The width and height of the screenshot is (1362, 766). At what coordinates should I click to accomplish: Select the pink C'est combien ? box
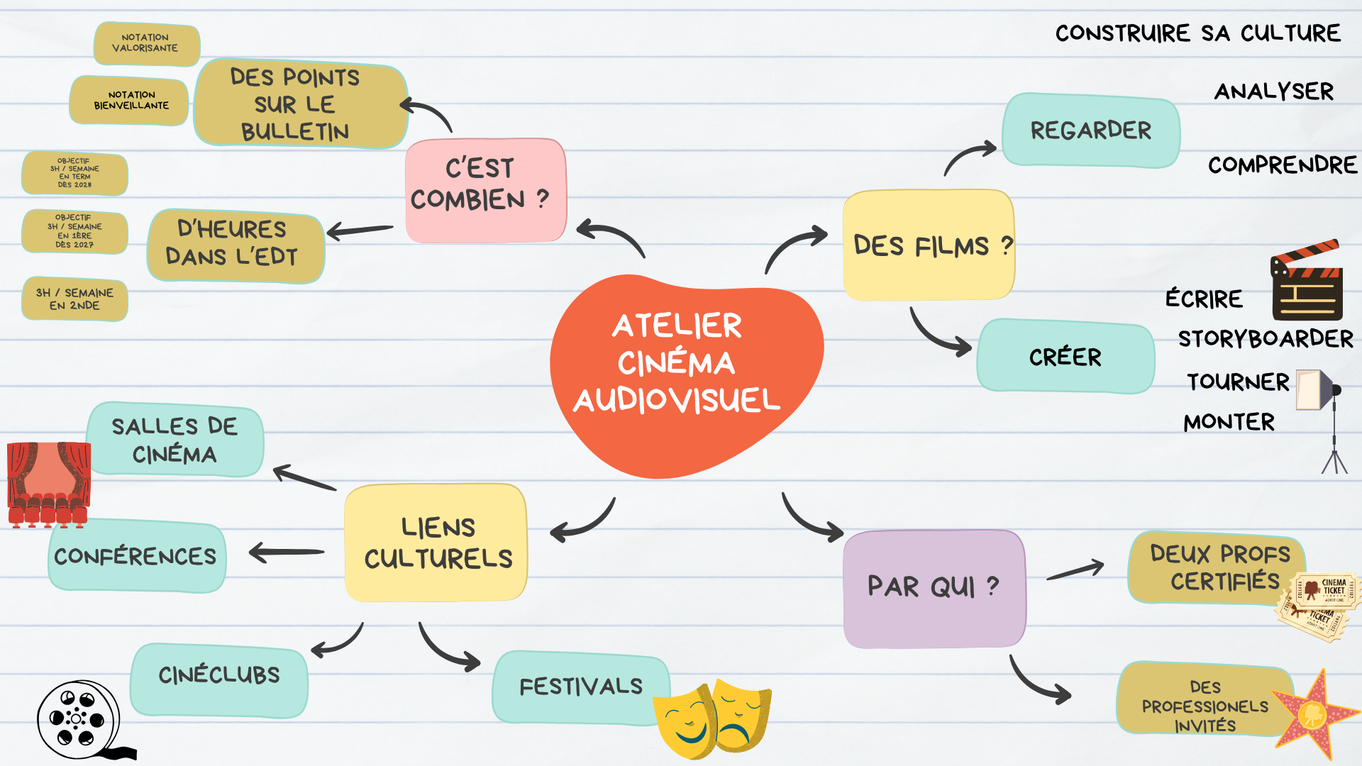[x=486, y=190]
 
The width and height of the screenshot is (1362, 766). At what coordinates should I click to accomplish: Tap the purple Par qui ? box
[x=934, y=589]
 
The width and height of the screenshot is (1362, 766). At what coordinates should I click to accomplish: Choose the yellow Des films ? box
[x=929, y=245]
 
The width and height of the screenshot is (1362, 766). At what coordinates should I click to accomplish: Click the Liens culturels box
[x=436, y=543]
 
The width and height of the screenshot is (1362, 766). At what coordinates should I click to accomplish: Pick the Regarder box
[x=1091, y=131]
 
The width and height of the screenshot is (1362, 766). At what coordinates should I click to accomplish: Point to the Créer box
[x=1065, y=356]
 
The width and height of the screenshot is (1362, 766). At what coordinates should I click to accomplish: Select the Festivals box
[x=581, y=687]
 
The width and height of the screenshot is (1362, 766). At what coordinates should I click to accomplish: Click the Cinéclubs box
[x=219, y=680]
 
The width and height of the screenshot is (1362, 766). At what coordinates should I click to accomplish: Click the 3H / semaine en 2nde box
[x=74, y=299]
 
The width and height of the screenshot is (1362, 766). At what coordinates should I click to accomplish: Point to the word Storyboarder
[x=1266, y=338]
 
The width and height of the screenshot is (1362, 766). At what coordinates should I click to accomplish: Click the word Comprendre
[x=1283, y=165]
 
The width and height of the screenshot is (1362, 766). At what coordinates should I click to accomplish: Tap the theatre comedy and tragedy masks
[x=712, y=718]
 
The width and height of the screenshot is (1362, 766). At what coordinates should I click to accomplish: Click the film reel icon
[x=79, y=720]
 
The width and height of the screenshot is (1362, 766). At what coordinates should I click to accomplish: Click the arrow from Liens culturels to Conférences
[x=287, y=552]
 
